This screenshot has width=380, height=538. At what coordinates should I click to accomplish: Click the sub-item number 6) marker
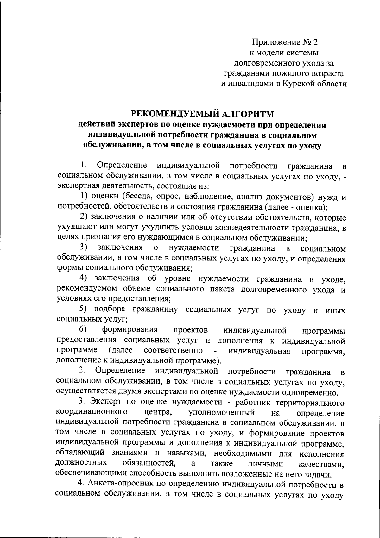tap(83, 330)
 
